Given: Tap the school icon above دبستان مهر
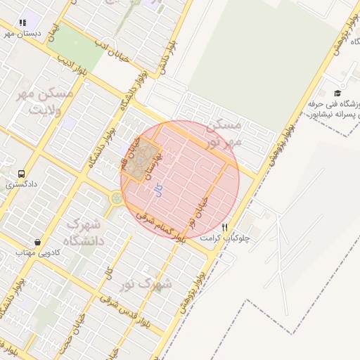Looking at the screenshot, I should pos(22,22).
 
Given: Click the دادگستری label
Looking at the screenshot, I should pos(21,184).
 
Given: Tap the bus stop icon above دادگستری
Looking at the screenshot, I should pos(21,173).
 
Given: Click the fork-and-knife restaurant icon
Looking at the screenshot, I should pos(224,227).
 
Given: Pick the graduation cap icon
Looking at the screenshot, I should pos(337,93).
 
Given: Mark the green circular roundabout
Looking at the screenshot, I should pos(115,198).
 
